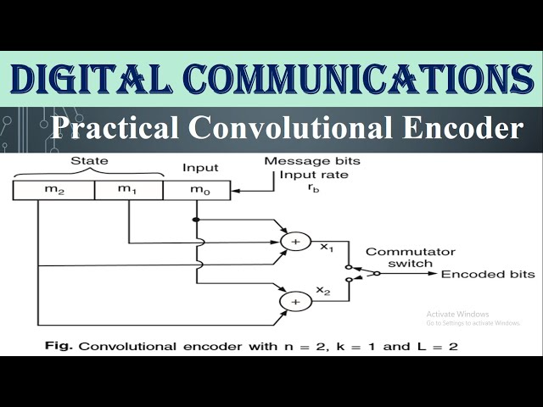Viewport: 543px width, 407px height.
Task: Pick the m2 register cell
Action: [x=53, y=190]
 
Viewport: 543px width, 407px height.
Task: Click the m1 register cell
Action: [x=127, y=190]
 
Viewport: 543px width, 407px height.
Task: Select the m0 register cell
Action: [x=198, y=190]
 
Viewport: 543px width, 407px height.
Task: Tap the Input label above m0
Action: [x=200, y=168]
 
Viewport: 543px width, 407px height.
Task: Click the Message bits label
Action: [x=311, y=161]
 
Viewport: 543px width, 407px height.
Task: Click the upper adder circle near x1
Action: [x=295, y=242]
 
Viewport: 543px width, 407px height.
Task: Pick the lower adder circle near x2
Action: [x=295, y=300]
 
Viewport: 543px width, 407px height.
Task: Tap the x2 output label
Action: [x=323, y=291]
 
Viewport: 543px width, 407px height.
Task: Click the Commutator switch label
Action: [x=410, y=258]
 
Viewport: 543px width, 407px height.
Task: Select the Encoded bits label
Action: [x=488, y=274]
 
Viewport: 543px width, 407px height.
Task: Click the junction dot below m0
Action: [x=196, y=220]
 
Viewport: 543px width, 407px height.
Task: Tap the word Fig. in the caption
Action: [x=56, y=346]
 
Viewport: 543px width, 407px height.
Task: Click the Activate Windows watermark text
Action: [x=458, y=313]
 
